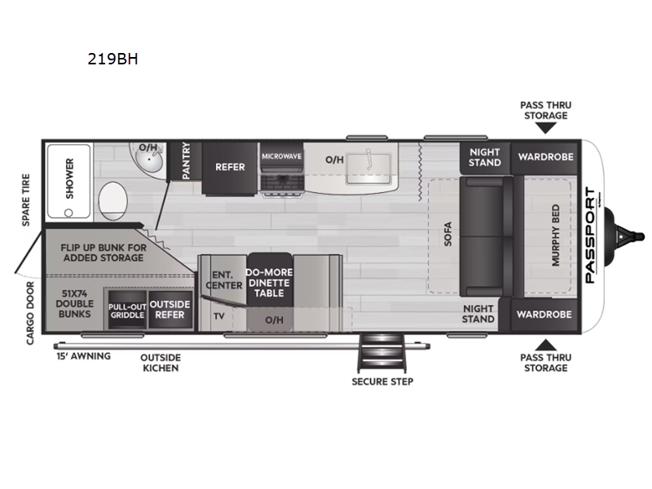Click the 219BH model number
click(x=112, y=59)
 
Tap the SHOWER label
click(x=69, y=178)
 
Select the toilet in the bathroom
click(x=112, y=200)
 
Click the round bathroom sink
click(x=148, y=159)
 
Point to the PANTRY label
click(x=186, y=161)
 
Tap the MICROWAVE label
click(x=281, y=156)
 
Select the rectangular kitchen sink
click(x=368, y=169)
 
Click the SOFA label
click(x=447, y=234)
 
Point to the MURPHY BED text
click(x=556, y=236)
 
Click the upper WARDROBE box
click(x=545, y=157)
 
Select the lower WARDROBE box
click(x=544, y=315)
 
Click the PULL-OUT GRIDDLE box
click(x=127, y=310)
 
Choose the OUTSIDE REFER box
click(x=170, y=310)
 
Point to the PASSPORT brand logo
click(x=590, y=236)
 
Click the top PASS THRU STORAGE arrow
click(x=545, y=129)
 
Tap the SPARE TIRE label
click(x=26, y=200)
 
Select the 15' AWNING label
click(x=84, y=356)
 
